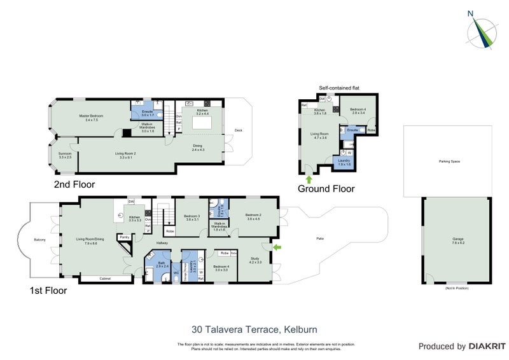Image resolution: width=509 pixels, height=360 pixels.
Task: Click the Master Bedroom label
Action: (92, 117)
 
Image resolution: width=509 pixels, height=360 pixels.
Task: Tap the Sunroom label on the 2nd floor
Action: (64, 155)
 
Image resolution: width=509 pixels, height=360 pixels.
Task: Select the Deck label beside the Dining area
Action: (239, 130)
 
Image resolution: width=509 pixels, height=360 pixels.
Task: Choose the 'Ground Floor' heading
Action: (326, 188)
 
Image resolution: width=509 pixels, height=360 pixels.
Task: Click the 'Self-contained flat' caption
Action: (339, 88)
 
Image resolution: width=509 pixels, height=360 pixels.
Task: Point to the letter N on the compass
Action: (470, 13)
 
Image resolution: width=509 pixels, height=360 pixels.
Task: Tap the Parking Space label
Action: (449, 162)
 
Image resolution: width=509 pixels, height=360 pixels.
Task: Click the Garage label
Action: (458, 239)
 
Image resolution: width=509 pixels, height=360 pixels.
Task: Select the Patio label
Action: (321, 239)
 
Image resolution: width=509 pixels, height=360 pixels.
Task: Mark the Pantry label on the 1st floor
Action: (124, 237)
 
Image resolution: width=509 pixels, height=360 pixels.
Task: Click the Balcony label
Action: (39, 240)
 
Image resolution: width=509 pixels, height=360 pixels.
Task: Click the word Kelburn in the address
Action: (302, 329)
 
